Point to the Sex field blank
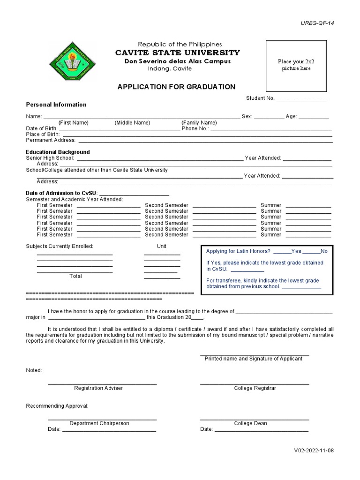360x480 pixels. point(269,117)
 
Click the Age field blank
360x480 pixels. point(314,117)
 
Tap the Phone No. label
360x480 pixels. point(195,128)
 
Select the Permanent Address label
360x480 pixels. point(51,140)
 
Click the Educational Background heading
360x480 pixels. point(58,152)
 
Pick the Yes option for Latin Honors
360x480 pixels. point(296,251)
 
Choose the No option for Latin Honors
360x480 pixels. point(324,251)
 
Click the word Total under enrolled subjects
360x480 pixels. point(75,276)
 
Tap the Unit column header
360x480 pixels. point(161,246)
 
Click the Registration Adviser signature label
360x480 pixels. point(98,388)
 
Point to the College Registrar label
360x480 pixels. point(255,388)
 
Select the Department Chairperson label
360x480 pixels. point(99,423)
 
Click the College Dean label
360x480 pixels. point(251,423)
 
